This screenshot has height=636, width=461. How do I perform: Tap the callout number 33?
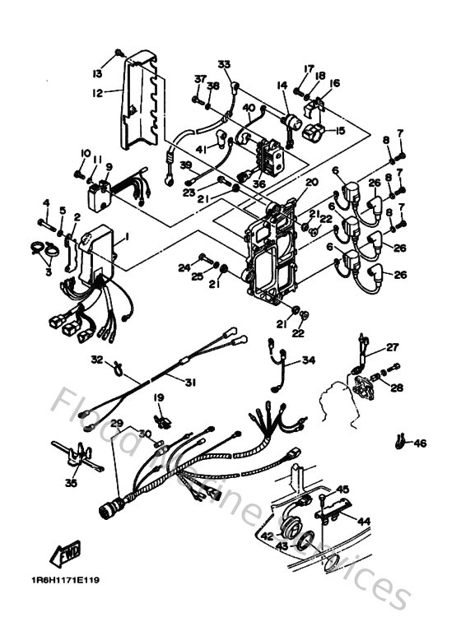[x=225, y=64]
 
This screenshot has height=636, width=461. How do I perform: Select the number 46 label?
[x=421, y=444]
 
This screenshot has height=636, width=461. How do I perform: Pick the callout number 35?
[x=72, y=484]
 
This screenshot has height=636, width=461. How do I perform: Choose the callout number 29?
[x=117, y=423]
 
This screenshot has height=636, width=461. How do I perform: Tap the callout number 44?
[x=363, y=522]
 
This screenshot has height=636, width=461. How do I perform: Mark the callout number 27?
[x=393, y=346]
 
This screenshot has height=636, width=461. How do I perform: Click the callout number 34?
[x=308, y=360]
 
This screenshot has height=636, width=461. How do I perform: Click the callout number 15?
[x=339, y=131]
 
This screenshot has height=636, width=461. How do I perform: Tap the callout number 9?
[x=108, y=167]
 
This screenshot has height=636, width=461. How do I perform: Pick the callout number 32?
[x=96, y=359]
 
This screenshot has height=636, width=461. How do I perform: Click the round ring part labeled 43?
[x=302, y=541]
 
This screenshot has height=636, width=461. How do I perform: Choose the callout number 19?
[x=157, y=398]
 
